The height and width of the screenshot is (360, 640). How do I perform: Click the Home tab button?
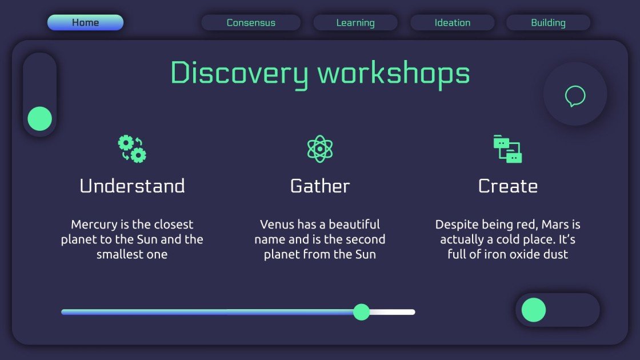click(x=85, y=23)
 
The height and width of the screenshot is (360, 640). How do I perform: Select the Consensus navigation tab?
click(x=251, y=23)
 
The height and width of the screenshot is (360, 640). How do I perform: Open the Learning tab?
click(x=355, y=23)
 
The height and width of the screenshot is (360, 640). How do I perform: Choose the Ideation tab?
click(x=453, y=23)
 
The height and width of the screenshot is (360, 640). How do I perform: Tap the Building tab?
click(x=548, y=23)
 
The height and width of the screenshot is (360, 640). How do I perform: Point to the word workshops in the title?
click(x=394, y=74)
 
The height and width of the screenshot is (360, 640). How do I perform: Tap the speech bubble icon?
click(x=575, y=95)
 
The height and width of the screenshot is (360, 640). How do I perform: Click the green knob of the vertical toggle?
click(x=40, y=119)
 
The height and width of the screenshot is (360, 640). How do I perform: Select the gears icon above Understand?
click(x=132, y=149)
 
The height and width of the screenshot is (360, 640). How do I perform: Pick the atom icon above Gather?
click(x=320, y=149)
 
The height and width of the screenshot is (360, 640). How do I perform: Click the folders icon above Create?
click(x=507, y=149)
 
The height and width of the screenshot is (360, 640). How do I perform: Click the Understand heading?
click(x=132, y=186)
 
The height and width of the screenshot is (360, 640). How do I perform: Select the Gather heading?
click(x=320, y=186)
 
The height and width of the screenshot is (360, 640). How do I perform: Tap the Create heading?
click(x=507, y=186)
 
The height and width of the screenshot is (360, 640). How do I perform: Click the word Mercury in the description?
click(x=95, y=225)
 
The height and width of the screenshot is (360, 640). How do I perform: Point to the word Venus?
click(x=277, y=225)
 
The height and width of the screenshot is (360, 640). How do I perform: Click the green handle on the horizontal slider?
click(x=361, y=312)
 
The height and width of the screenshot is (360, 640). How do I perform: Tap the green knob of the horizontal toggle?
click(x=534, y=310)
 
